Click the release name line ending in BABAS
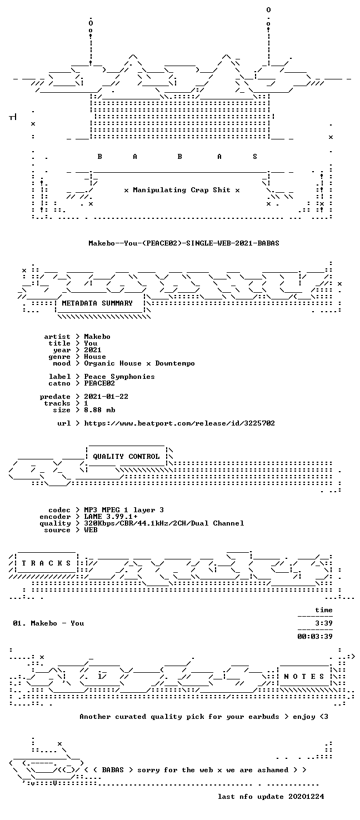184,243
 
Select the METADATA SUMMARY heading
97,303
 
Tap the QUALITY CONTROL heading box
126,457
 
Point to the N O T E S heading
304,677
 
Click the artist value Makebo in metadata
97,337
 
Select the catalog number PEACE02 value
99,383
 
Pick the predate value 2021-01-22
106,397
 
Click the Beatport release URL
179,423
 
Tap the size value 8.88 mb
99,410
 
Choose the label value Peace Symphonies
119,377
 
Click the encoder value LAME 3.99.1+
111,517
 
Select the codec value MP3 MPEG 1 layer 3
124,511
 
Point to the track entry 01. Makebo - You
48,623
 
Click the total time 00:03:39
315,637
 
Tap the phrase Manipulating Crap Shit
182,191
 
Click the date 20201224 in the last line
306,797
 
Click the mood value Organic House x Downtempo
139,363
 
